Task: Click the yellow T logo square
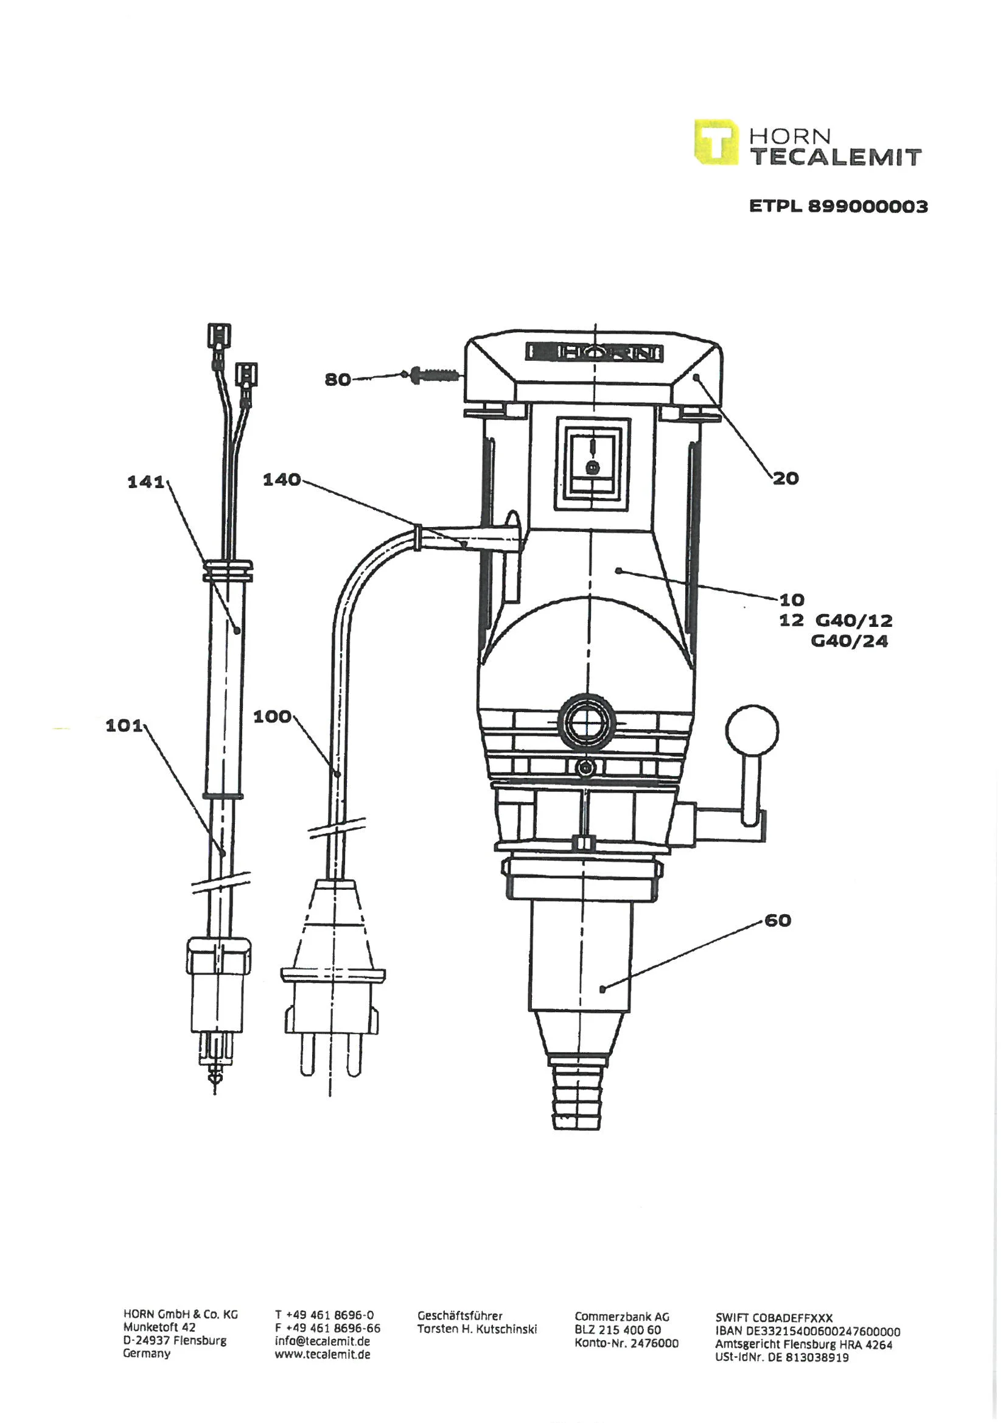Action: (x=716, y=142)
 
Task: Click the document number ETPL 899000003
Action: (x=838, y=206)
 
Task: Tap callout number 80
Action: (x=338, y=379)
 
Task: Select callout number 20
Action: (x=785, y=478)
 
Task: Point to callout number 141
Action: (x=145, y=481)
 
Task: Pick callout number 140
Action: (x=281, y=479)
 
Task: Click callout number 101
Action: (x=124, y=725)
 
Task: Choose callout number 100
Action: (x=272, y=716)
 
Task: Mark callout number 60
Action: (x=778, y=920)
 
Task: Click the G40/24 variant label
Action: (x=849, y=641)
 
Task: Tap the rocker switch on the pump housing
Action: (x=593, y=464)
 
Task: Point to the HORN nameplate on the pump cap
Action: (x=595, y=352)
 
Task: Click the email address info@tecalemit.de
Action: (x=323, y=1341)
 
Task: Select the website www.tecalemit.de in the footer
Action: (x=323, y=1354)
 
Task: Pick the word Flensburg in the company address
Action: (x=200, y=1341)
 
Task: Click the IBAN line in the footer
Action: (x=808, y=1331)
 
